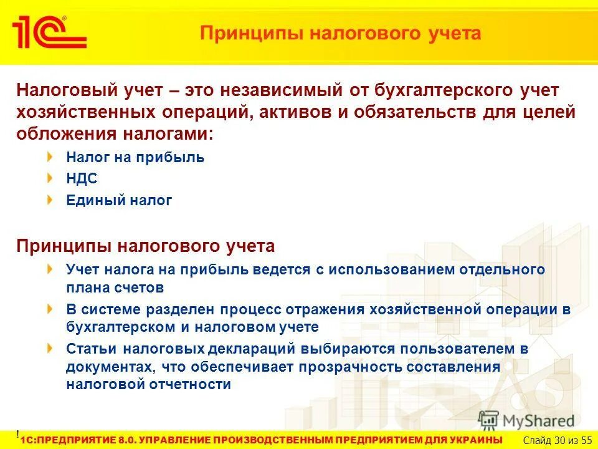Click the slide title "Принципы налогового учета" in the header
(x=340, y=33)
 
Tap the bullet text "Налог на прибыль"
(x=135, y=157)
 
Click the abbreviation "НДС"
(x=82, y=179)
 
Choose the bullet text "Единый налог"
(x=119, y=201)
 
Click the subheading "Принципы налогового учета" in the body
(x=145, y=246)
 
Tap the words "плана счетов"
(x=115, y=287)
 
